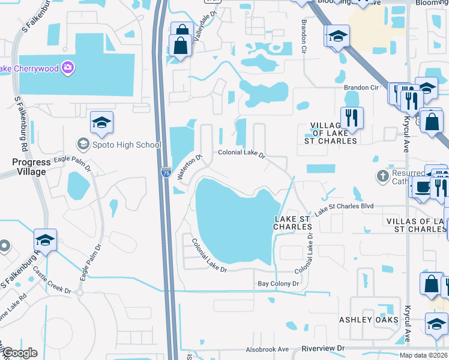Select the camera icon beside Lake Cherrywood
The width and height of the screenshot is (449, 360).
68,68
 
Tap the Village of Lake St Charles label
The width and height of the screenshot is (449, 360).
334,133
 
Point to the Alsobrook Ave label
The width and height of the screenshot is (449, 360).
267,349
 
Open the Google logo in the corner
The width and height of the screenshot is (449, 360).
19,353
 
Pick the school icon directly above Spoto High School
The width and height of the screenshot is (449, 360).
101,122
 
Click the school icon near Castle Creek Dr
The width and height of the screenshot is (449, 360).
45,239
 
